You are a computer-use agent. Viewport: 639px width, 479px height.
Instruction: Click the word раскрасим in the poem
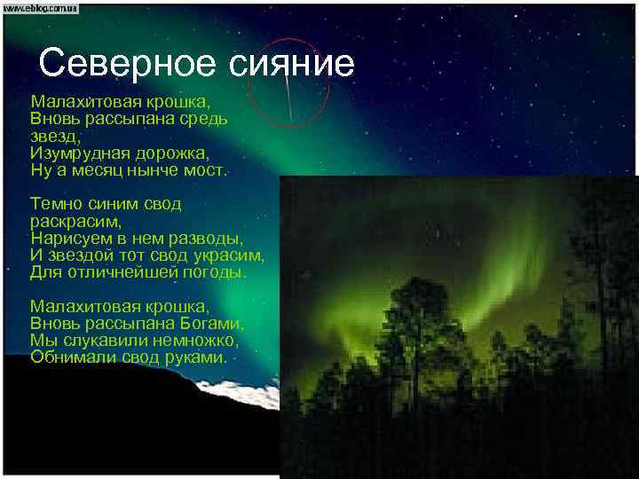click(x=75, y=221)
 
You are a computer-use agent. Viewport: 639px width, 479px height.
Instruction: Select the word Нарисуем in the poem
click(x=71, y=238)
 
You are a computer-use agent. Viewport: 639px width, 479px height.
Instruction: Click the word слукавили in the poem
click(x=100, y=341)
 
